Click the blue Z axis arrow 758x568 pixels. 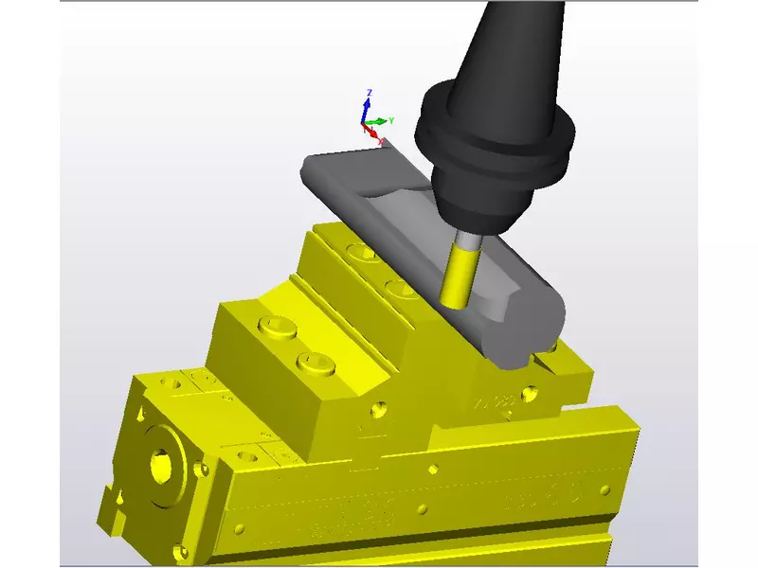tap(368, 106)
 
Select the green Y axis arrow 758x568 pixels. tap(378, 121)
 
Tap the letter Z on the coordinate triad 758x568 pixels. tap(370, 92)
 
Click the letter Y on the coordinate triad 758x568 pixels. tap(391, 120)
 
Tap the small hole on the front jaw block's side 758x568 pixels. tap(379, 411)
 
